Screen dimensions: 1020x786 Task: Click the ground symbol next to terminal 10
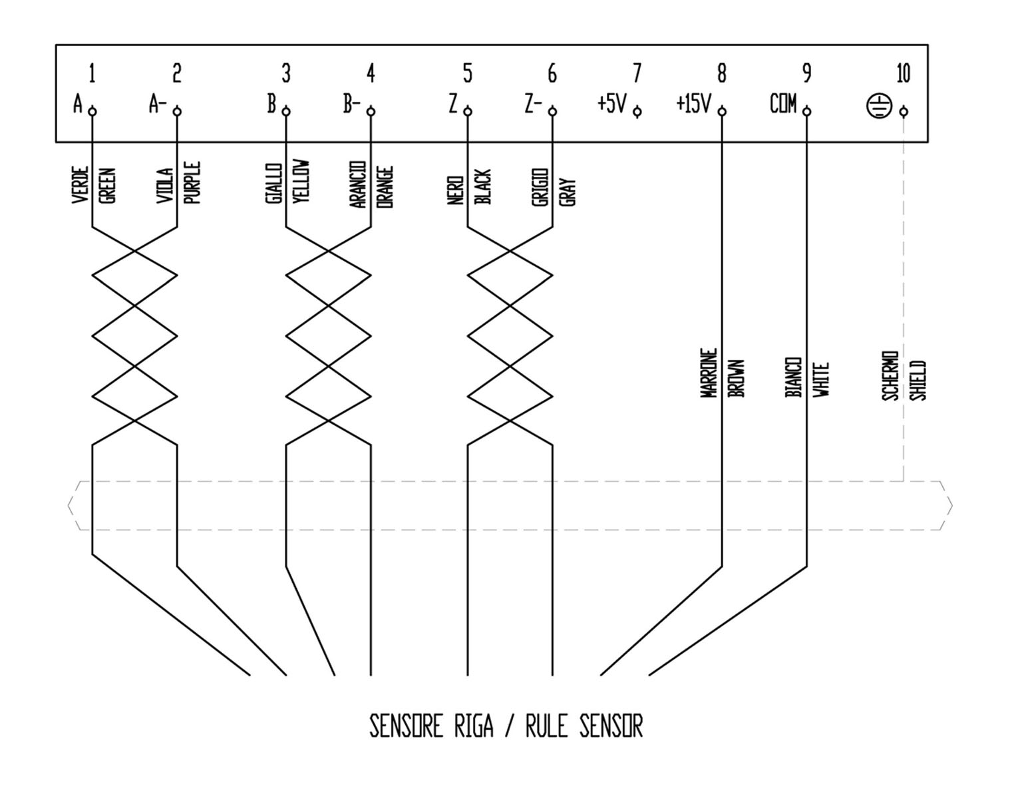pos(879,105)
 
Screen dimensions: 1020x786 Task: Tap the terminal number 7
pos(637,73)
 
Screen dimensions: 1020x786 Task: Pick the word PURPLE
pos(192,182)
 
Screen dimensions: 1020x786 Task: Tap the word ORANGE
pos(385,187)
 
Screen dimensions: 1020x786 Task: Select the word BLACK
pos(482,187)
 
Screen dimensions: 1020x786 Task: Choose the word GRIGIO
pos(540,187)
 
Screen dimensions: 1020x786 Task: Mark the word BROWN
pos(736,379)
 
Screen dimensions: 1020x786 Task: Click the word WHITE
pos(821,379)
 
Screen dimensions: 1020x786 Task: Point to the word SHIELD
pos(918,380)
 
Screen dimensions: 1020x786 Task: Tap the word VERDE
pos(80,185)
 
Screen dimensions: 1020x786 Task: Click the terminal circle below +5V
pos(637,112)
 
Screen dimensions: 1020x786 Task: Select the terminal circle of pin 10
pos(904,112)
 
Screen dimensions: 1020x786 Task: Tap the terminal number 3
pos(286,73)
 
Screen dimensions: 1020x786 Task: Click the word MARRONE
pos(709,373)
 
